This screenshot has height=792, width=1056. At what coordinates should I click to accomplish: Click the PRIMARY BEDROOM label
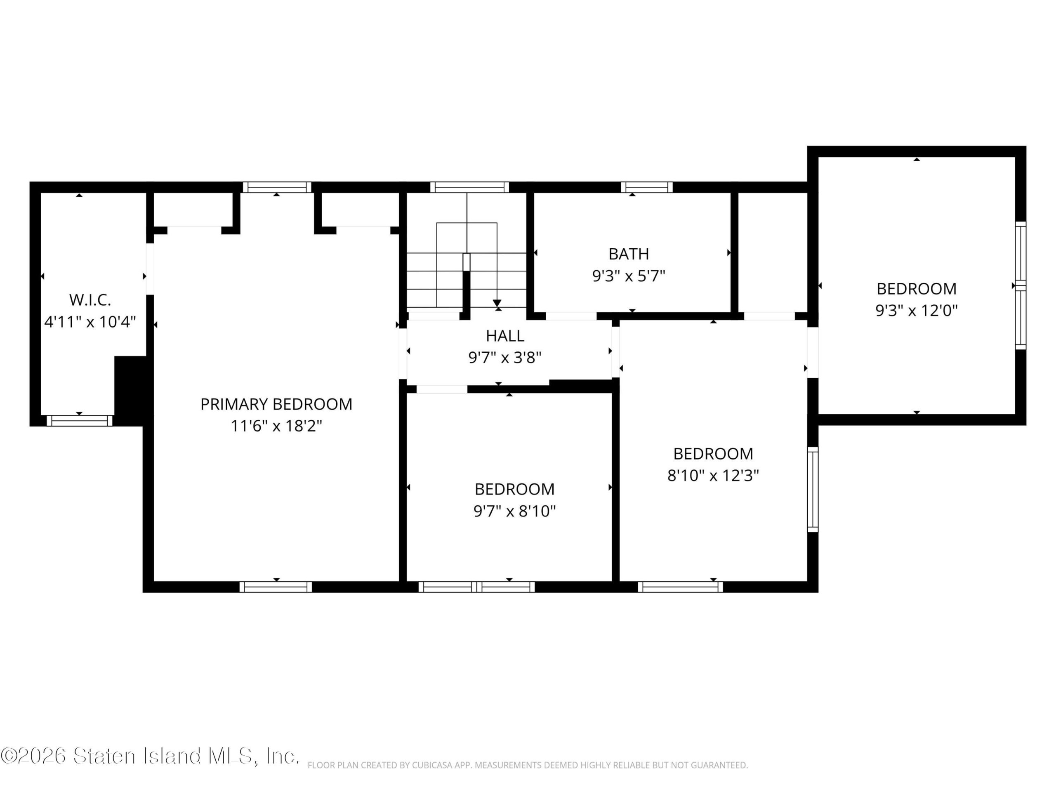[x=276, y=404]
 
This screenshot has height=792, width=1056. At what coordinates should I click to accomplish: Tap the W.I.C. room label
[x=90, y=300]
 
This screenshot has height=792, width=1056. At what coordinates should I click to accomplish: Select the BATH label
[x=629, y=254]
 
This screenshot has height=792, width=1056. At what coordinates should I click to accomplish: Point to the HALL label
[x=505, y=336]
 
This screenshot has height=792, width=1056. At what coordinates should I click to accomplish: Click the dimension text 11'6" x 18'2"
[x=276, y=426]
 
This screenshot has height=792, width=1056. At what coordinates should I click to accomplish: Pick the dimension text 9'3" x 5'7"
[x=629, y=276]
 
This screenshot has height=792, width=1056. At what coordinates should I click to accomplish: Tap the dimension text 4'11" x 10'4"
[x=90, y=322]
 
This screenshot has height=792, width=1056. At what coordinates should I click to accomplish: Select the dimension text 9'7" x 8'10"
[x=515, y=511]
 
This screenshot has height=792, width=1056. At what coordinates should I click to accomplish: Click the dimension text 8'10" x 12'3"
[x=713, y=476]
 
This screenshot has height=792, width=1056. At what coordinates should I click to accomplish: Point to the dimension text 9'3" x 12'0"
[x=917, y=310]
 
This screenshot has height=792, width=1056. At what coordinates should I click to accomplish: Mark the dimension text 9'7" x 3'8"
[x=505, y=357]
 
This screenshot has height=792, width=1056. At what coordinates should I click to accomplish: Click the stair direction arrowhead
[x=497, y=303]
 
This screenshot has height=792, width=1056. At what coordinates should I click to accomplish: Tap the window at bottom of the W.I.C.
[x=79, y=421]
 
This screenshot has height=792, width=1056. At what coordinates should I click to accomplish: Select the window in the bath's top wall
[x=647, y=187]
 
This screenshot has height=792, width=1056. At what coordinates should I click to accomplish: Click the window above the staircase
[x=469, y=187]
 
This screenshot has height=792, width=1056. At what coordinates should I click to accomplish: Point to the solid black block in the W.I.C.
[x=130, y=391]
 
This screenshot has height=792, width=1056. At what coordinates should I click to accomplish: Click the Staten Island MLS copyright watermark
[x=150, y=756]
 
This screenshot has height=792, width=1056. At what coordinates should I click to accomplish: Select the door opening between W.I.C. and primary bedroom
[x=150, y=269]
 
